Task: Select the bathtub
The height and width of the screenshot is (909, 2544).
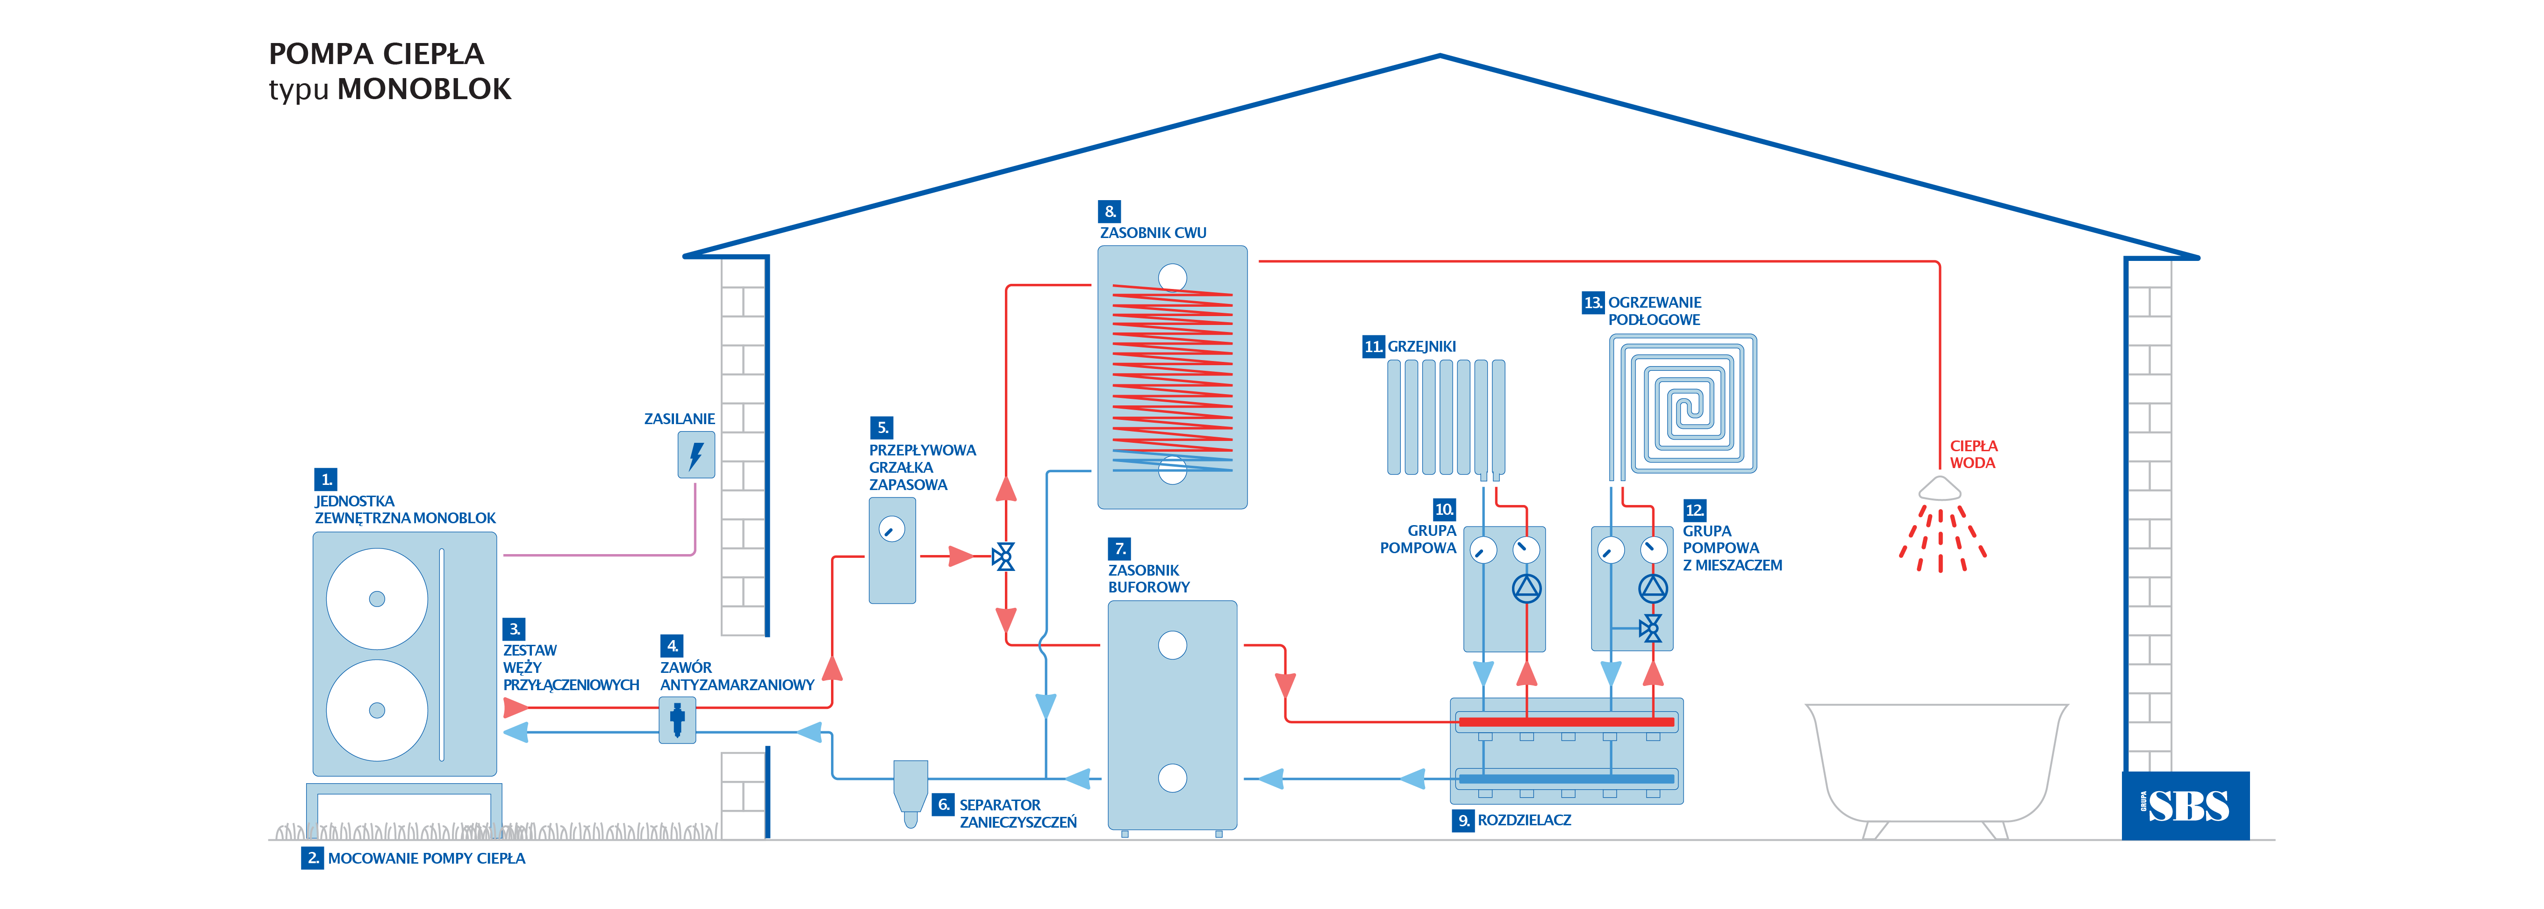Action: pyautogui.click(x=1935, y=766)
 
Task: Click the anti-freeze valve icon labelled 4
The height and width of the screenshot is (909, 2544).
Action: pyautogui.click(x=677, y=719)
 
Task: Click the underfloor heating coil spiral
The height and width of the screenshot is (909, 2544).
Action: pyautogui.click(x=1683, y=403)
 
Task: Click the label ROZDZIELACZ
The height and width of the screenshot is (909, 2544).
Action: pyautogui.click(x=1524, y=820)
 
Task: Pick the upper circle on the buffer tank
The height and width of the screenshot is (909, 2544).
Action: pyautogui.click(x=1172, y=645)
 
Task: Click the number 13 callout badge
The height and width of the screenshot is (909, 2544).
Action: pyautogui.click(x=1592, y=303)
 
